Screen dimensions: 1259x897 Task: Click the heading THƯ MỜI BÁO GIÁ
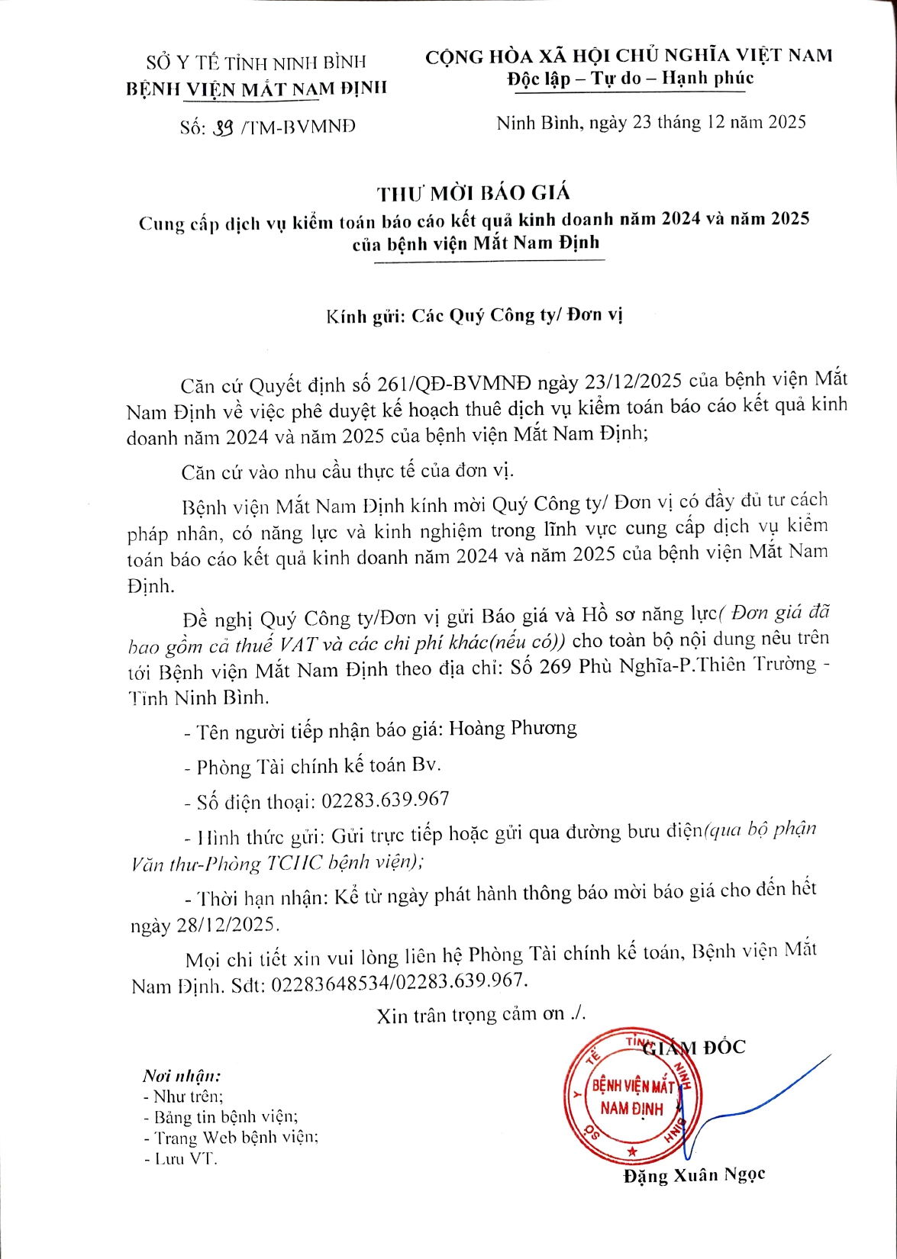[x=473, y=194]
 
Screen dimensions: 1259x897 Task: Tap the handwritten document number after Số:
[x=222, y=127]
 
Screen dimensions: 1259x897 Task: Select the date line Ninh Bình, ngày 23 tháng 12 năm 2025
[x=650, y=123]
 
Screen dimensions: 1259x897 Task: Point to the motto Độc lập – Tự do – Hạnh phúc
[x=630, y=79]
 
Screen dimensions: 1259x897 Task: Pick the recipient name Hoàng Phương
[x=512, y=729]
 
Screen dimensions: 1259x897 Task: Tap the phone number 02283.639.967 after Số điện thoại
[x=385, y=800]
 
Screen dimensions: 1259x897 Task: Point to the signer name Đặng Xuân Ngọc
[x=693, y=1175]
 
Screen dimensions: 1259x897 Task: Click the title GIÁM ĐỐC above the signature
[x=695, y=1048]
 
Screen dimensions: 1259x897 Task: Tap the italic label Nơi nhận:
[x=182, y=1076]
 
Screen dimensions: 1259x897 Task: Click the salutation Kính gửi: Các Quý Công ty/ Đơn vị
[x=474, y=315]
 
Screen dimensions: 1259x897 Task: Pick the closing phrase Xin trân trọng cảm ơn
[x=481, y=1015]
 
